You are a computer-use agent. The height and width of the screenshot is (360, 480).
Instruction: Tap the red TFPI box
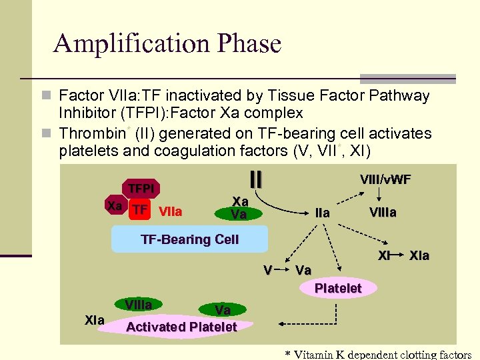click(141, 189)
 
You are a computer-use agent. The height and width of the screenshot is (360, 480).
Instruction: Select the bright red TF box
click(139, 211)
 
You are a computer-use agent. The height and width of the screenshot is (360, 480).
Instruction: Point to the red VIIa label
click(171, 211)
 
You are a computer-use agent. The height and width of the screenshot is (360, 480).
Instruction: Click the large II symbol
click(255, 179)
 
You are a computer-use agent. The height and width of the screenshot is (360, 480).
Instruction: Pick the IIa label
click(322, 213)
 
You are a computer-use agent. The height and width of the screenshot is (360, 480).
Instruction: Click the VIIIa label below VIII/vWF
click(383, 213)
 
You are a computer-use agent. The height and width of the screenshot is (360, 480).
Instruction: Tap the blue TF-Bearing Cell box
click(189, 239)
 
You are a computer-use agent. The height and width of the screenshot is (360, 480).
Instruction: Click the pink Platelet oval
click(337, 288)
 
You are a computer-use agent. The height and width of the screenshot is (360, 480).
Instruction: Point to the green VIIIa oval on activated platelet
click(139, 305)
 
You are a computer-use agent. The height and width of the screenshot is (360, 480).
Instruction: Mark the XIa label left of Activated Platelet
click(95, 321)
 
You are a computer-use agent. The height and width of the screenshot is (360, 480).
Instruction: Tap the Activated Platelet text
click(181, 327)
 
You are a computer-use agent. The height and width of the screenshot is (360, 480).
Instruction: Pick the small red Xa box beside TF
click(115, 206)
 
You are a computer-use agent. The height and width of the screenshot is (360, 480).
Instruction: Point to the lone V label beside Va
click(267, 270)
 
